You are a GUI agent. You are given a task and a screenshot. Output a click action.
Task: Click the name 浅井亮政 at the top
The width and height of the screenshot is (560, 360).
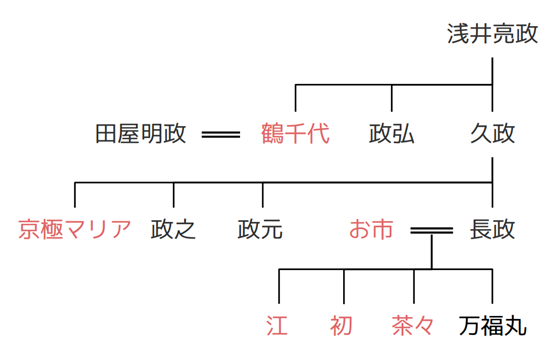click(492, 34)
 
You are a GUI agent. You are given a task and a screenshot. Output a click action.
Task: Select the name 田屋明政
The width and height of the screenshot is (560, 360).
click(140, 132)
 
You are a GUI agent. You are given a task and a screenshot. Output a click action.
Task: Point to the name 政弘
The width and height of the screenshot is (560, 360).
click(391, 132)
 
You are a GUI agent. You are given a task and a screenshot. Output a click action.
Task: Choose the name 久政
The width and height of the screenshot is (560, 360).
click(492, 132)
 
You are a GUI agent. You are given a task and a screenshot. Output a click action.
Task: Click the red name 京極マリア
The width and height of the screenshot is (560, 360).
click(75, 230)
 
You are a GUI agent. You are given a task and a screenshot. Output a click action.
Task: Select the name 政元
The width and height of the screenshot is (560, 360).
click(261, 230)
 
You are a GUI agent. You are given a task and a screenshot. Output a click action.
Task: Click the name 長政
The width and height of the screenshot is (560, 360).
click(492, 230)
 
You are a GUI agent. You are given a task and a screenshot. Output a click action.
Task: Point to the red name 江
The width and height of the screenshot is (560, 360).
click(278, 326)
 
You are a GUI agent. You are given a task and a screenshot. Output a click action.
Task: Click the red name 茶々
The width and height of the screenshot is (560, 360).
click(414, 326)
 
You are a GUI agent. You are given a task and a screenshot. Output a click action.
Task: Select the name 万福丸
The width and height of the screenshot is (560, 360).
click(492, 326)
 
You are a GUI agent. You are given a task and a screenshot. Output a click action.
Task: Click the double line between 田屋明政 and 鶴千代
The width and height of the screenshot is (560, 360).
click(220, 133)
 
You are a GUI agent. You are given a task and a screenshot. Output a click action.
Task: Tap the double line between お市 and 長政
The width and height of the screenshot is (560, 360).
click(432, 231)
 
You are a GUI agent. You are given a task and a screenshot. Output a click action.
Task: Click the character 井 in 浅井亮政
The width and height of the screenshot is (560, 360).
click(481, 34)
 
